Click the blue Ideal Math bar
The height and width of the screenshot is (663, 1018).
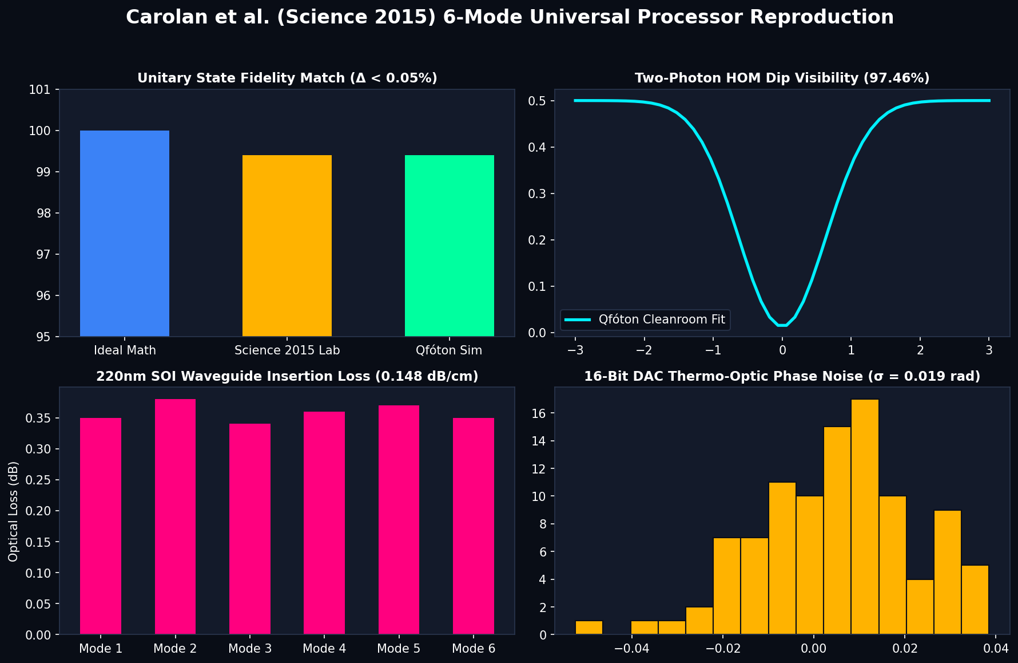125,234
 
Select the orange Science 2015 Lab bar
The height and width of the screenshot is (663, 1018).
287,246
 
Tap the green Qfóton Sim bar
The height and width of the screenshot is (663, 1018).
450,246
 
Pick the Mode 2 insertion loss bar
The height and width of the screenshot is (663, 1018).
175,516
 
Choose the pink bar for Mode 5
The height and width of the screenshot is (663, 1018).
399,520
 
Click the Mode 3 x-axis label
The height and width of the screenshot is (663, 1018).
250,649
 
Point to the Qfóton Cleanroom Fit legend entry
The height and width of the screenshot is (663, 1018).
645,319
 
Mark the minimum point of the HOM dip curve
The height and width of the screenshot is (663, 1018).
782,326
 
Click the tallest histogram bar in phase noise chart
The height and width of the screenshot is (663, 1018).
865,517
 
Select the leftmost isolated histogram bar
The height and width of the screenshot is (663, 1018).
589,628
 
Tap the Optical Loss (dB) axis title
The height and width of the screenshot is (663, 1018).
14,511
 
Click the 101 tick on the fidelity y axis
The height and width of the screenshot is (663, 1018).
43,90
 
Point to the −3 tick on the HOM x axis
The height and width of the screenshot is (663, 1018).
575,350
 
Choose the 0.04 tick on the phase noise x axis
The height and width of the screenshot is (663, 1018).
996,649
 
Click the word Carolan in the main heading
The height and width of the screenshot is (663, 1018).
153,17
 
